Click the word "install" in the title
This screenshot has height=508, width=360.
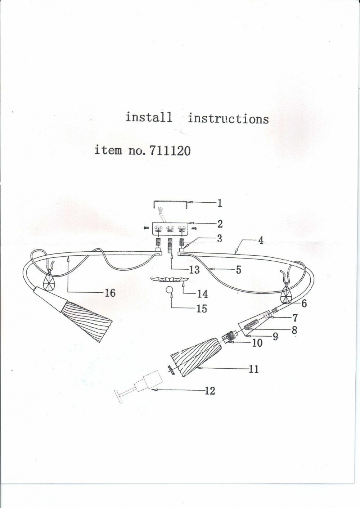point(149,117)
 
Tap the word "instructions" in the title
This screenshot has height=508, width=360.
point(228,118)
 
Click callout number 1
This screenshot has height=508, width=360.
point(220,203)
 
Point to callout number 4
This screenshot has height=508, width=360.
point(261,240)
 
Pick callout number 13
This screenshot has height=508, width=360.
point(194,270)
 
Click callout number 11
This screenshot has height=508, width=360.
point(254,369)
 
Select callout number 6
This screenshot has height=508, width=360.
point(304,303)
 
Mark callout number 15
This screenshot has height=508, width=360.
point(202,309)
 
